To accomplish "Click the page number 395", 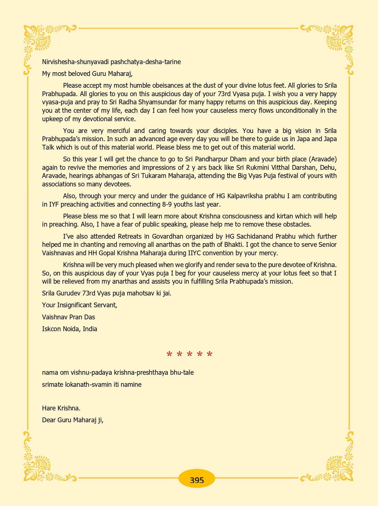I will click(x=197, y=480).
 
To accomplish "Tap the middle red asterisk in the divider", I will click(x=189, y=354).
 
